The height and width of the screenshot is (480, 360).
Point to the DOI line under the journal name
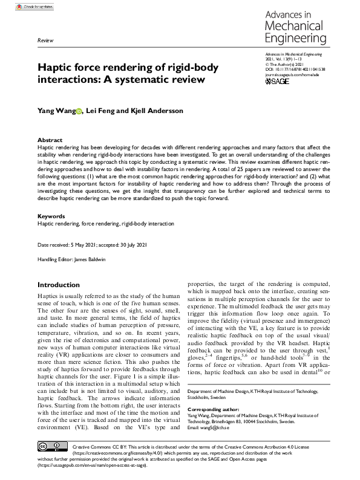click(x=295, y=86)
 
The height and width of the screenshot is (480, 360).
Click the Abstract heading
click(x=50, y=139)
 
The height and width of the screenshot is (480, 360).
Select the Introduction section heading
click(x=62, y=285)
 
